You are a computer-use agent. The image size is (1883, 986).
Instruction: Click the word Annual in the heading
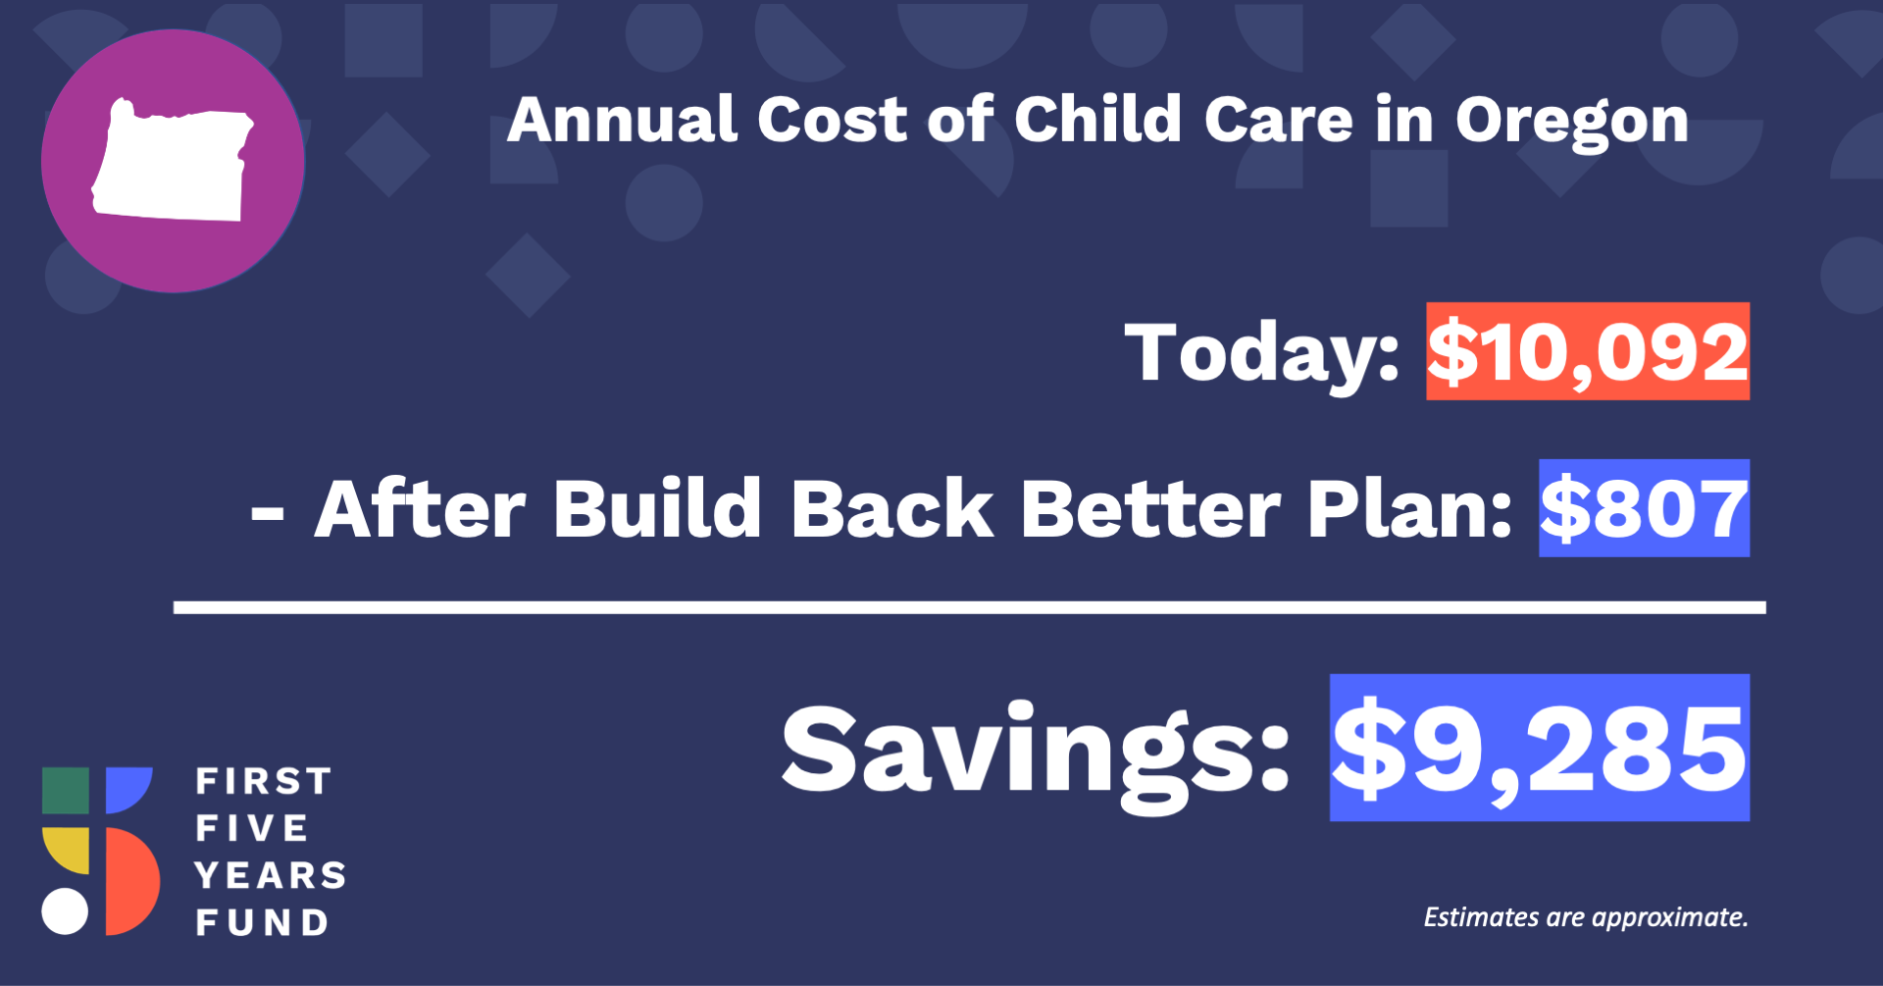click(x=622, y=120)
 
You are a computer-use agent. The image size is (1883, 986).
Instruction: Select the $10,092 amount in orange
click(x=1588, y=351)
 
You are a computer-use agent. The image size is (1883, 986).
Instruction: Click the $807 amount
click(x=1644, y=508)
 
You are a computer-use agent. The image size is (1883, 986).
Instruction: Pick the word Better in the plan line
click(x=1150, y=508)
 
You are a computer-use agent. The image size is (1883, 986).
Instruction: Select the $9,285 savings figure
click(x=1540, y=748)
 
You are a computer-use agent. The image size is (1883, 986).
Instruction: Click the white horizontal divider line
click(x=970, y=608)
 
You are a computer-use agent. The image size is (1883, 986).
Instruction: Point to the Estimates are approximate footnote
click(x=1586, y=917)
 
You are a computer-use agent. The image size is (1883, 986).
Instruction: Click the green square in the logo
click(x=66, y=791)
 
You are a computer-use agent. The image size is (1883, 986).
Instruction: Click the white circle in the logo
click(x=66, y=911)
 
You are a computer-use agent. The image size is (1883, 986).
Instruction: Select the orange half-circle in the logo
click(x=131, y=881)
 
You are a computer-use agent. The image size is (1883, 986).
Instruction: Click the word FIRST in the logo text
click(x=263, y=782)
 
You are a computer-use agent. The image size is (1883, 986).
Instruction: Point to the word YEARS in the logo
click(x=270, y=875)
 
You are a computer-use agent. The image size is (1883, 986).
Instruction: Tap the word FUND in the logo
click(x=261, y=922)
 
